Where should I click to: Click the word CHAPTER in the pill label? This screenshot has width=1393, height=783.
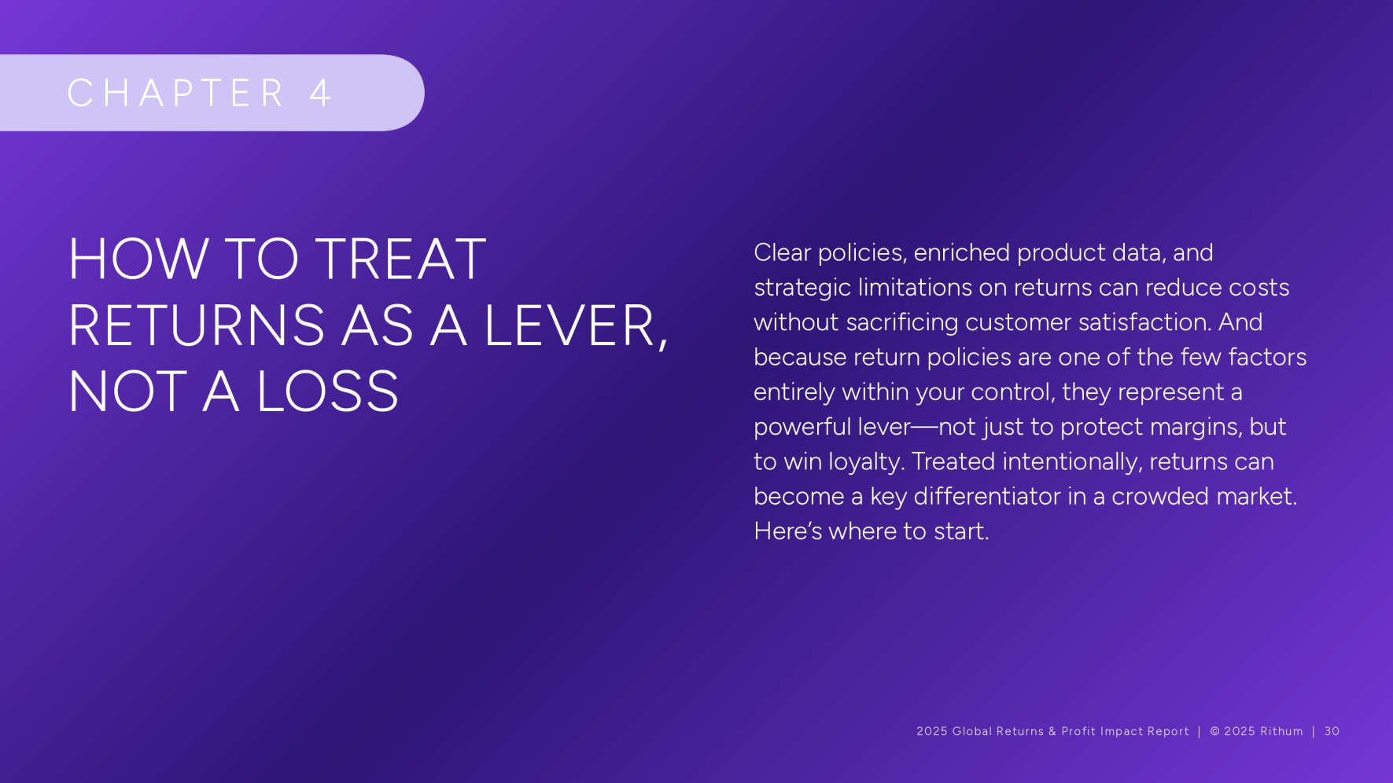coord(175,93)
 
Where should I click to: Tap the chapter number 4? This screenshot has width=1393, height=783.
coord(320,93)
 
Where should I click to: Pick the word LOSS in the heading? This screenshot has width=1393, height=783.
coord(328,391)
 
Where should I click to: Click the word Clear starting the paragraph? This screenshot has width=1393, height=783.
coord(782,252)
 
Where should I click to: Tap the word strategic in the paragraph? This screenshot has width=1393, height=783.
coord(802,288)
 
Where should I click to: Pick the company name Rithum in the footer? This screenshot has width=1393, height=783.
coord(1281,731)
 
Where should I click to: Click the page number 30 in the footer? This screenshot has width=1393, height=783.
coord(1332,731)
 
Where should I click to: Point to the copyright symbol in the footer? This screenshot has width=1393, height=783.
coord(1215,731)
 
